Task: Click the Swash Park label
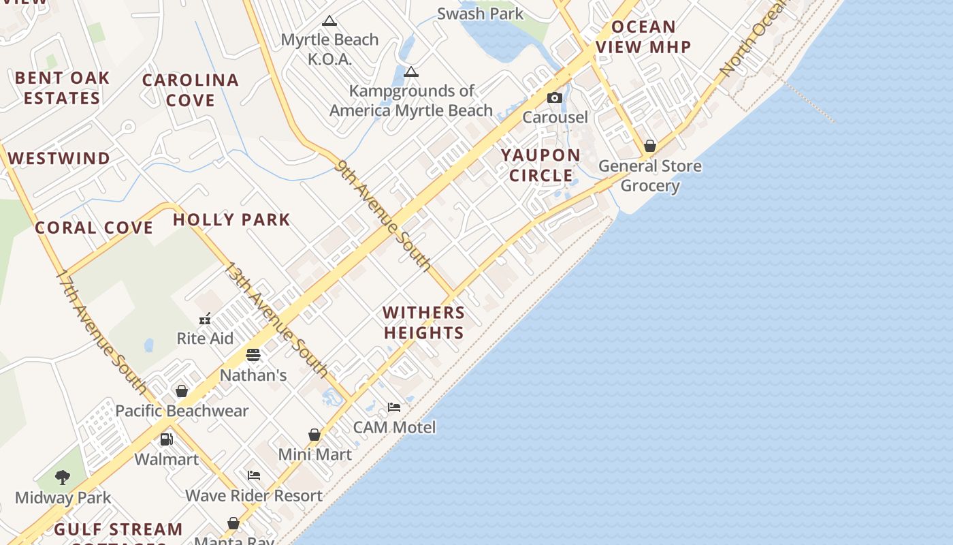(x=480, y=14)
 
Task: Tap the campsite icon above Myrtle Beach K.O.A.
(x=329, y=21)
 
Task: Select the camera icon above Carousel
(x=555, y=97)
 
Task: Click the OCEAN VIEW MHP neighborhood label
(x=643, y=37)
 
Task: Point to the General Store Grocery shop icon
(x=650, y=146)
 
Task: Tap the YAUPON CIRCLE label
(x=541, y=166)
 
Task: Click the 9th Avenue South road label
(x=384, y=215)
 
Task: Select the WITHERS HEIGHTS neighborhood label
(x=424, y=322)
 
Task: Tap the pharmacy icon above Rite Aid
(x=205, y=318)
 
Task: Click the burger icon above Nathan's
(x=253, y=355)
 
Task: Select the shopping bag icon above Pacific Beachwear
(x=182, y=391)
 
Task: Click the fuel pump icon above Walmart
(x=166, y=439)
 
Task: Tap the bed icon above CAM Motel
(x=394, y=407)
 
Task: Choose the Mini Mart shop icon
(x=314, y=435)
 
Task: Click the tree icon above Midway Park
(x=63, y=477)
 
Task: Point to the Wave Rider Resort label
(x=254, y=495)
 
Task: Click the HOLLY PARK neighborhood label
(x=231, y=219)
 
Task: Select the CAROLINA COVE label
(x=191, y=90)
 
